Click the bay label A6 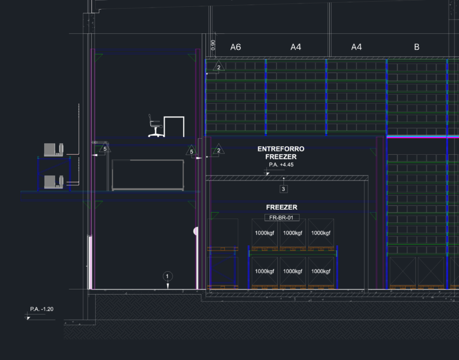click(235, 47)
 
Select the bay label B click(417, 47)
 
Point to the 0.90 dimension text click(213, 45)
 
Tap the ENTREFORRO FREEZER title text click(281, 152)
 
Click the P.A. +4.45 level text click(281, 165)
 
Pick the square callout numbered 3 click(283, 189)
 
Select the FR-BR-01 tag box click(282, 218)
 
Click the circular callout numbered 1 click(168, 276)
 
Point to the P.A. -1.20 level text click(41, 309)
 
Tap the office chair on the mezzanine click(155, 126)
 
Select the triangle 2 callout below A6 click(219, 66)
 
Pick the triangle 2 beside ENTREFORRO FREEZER click(219, 150)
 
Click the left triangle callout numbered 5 click(105, 148)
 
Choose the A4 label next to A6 click(295, 47)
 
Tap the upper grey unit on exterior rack click(53, 150)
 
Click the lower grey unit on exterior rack click(53, 182)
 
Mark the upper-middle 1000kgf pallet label click(293, 233)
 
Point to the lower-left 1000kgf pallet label click(264, 271)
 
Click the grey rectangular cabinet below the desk click(148, 175)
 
